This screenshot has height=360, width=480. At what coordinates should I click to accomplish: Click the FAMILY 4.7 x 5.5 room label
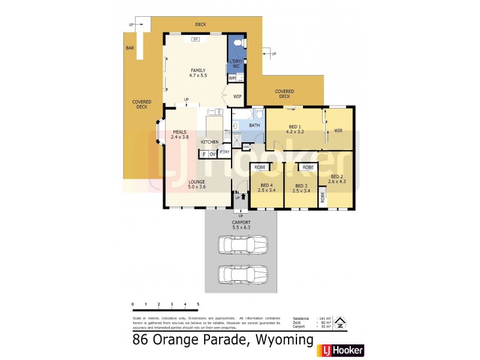coord(198,73)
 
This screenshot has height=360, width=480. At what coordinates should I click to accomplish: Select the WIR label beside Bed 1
coord(338,130)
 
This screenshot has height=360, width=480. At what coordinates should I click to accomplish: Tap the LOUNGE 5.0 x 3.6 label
coord(197,184)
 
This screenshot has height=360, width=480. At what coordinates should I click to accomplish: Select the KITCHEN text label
coord(209,142)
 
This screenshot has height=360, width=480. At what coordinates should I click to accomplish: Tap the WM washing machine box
coord(232,77)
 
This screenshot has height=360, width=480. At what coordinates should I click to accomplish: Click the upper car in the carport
coord(242,245)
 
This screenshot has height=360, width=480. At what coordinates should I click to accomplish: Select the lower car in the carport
coord(242,274)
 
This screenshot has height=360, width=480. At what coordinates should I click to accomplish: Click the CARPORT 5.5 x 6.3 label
coord(241,225)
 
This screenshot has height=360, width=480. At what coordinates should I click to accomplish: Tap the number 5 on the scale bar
coord(198,305)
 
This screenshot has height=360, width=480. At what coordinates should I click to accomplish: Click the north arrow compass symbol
coord(339,322)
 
